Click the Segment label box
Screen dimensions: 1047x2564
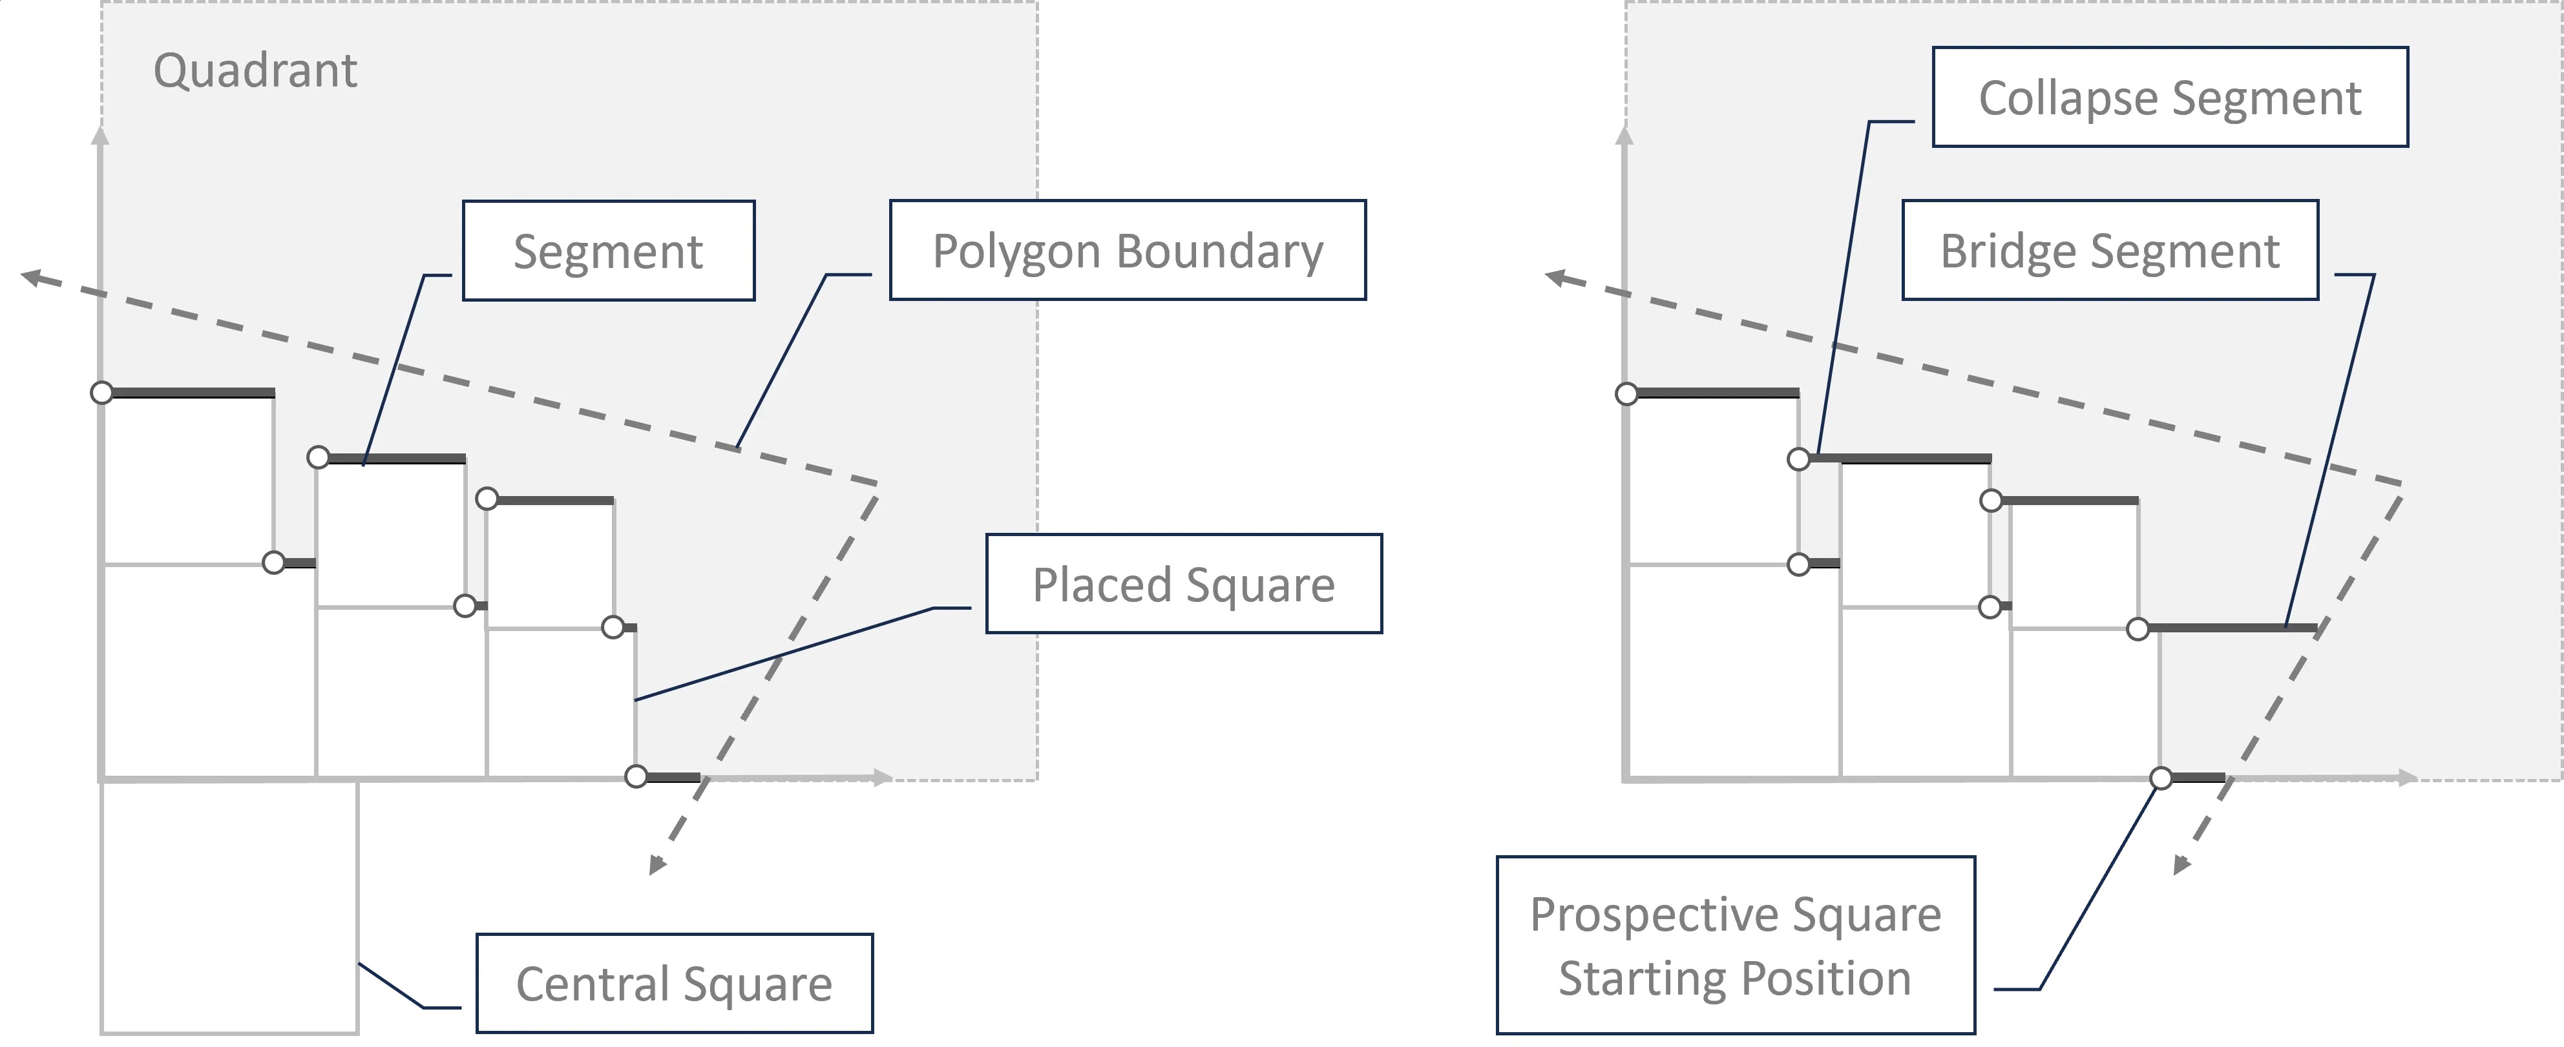coord(608,251)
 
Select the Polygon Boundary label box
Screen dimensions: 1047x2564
coord(1127,251)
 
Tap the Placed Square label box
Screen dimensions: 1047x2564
coord(1184,584)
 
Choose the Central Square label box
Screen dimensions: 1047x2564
coord(674,983)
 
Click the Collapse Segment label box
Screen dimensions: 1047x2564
coord(2170,98)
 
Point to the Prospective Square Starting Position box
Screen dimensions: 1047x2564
coord(1735,946)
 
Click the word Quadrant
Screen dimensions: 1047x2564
coord(255,70)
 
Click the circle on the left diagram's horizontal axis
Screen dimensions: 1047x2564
coord(636,776)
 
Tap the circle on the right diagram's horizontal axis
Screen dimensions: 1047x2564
coord(2161,777)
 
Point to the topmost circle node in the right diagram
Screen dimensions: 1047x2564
coord(1626,394)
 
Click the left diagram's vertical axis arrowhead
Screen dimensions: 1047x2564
coord(100,134)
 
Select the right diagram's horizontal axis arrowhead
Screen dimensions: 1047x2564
coord(2409,777)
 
